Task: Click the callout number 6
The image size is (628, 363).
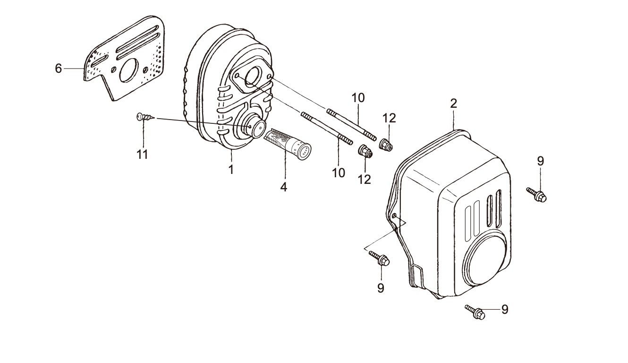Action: point(59,69)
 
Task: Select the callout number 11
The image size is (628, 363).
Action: point(142,154)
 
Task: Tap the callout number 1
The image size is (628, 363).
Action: point(231,170)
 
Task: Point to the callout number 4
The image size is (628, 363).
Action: point(283,187)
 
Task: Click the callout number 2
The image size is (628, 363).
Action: point(453,104)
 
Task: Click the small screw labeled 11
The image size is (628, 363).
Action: point(144,117)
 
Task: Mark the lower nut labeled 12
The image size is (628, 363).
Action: point(365,152)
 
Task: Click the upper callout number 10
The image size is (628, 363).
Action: point(358,98)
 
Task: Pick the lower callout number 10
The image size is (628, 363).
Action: point(339,173)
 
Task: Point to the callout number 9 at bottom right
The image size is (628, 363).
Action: point(505,310)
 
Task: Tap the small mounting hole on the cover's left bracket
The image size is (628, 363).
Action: point(394,216)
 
